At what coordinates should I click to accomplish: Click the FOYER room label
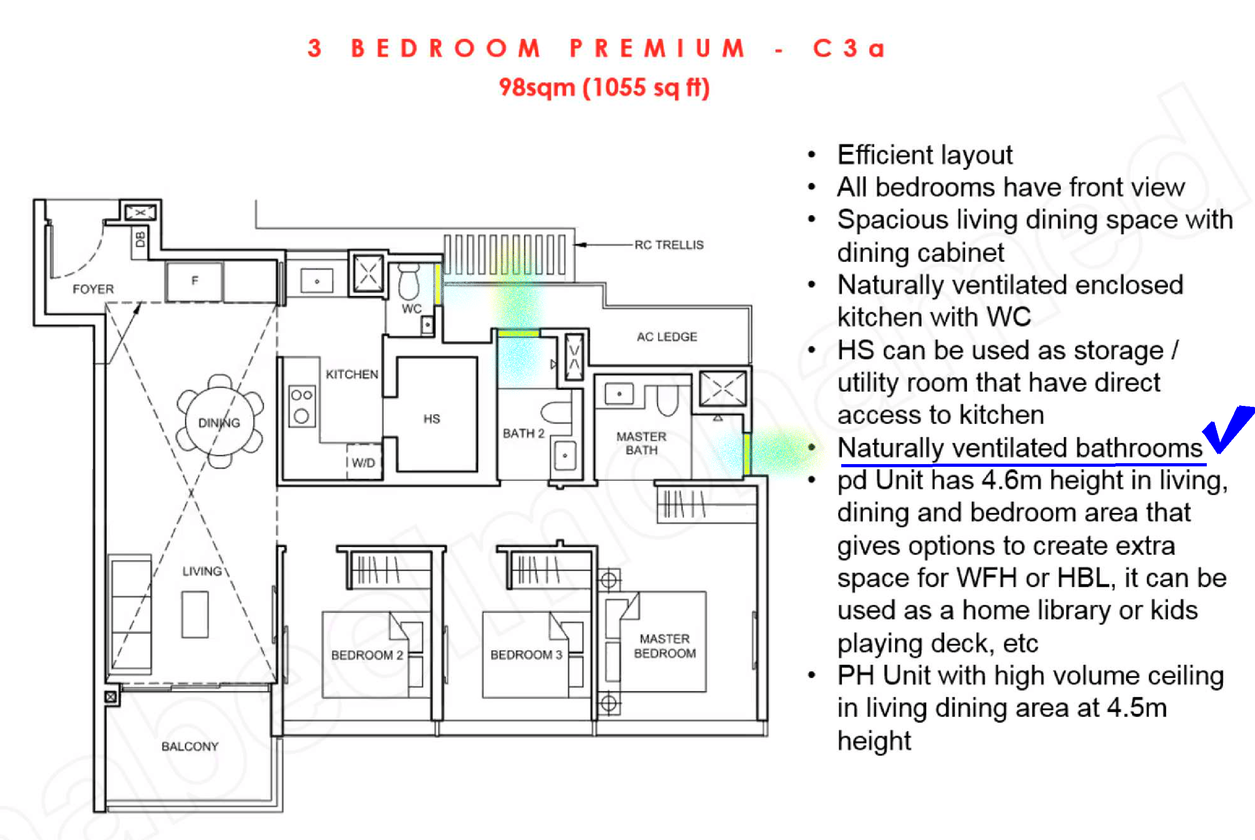[x=93, y=289]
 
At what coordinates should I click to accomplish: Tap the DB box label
[x=141, y=239]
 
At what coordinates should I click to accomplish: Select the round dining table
[x=220, y=422]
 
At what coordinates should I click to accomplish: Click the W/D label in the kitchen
[x=363, y=463]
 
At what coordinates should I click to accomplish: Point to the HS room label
[x=432, y=419]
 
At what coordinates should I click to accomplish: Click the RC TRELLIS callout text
[x=669, y=245]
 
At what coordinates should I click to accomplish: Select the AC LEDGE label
[x=667, y=337]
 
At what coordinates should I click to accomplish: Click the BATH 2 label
[x=523, y=433]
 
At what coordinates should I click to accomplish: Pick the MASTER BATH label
[x=642, y=444]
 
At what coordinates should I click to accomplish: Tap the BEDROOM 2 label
[x=367, y=655]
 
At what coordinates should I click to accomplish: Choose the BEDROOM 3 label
[x=526, y=655]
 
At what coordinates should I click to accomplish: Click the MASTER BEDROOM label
[x=665, y=646]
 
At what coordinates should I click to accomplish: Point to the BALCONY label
[x=190, y=747]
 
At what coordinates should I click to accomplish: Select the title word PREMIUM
[x=657, y=49]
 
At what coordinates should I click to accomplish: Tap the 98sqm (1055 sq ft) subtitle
[x=604, y=88]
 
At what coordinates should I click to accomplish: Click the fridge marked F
[x=194, y=281]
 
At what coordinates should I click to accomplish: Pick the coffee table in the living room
[x=195, y=615]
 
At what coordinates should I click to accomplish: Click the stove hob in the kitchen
[x=301, y=406]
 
